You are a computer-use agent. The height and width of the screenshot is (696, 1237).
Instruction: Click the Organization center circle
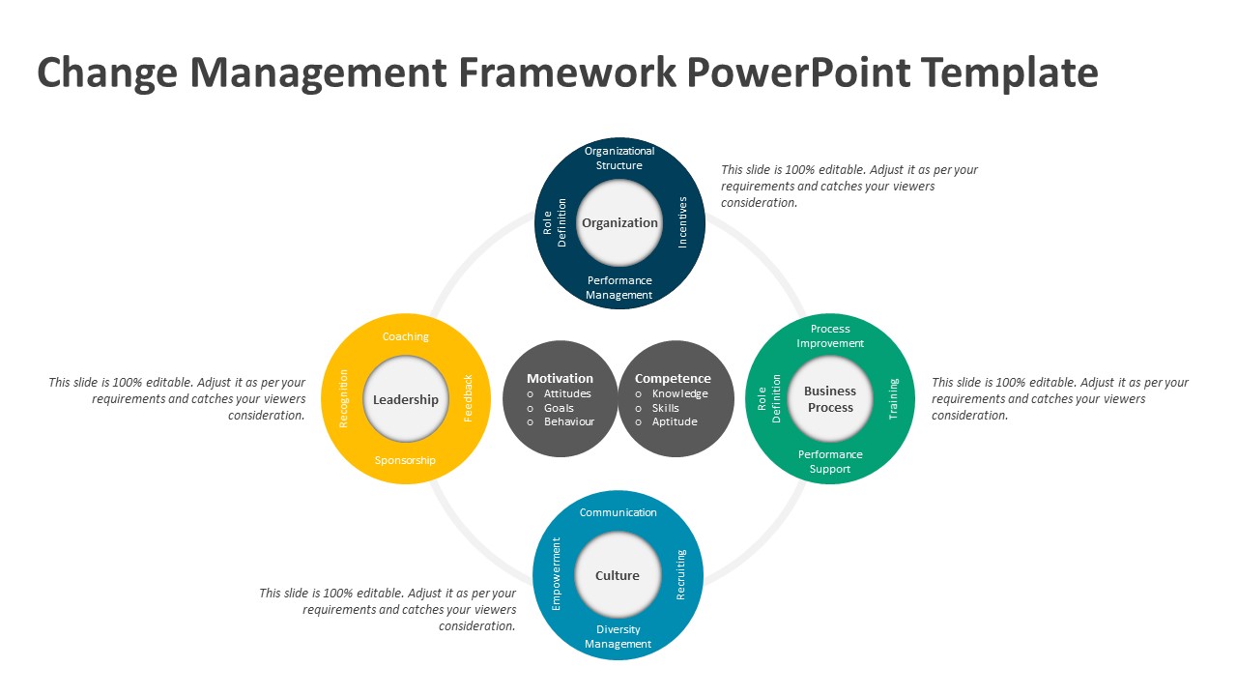point(619,223)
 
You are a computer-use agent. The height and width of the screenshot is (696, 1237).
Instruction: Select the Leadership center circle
point(406,399)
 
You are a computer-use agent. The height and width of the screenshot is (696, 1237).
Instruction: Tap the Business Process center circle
point(830,399)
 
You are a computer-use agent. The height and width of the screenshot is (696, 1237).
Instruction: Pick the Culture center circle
point(618,576)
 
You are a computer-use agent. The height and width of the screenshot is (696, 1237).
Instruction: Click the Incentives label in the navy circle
point(682,222)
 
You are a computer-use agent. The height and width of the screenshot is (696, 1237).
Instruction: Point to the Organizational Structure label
point(619,158)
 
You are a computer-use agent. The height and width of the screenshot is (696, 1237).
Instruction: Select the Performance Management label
point(619,288)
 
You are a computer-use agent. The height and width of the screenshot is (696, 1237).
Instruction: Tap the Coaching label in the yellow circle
point(406,336)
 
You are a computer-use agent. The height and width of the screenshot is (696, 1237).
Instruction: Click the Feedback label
point(469,398)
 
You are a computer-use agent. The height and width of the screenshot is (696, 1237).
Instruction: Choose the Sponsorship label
point(406,460)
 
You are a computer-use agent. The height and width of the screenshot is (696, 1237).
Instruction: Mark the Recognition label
point(343,398)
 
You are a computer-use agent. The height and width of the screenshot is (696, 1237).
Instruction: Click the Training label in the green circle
point(893,398)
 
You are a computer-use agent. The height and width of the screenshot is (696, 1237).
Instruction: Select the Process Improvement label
point(830,336)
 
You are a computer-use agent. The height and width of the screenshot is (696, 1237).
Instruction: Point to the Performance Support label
point(830,462)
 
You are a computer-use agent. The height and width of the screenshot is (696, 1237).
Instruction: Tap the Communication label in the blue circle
point(618,512)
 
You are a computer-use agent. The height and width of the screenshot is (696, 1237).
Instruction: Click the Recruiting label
point(680,575)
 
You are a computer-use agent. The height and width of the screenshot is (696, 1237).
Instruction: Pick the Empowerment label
point(556,574)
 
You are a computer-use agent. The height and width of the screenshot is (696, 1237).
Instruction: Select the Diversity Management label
point(618,637)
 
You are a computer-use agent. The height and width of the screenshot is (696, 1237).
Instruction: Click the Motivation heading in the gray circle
point(560,378)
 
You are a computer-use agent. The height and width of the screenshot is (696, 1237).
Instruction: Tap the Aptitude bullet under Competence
point(674,421)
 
